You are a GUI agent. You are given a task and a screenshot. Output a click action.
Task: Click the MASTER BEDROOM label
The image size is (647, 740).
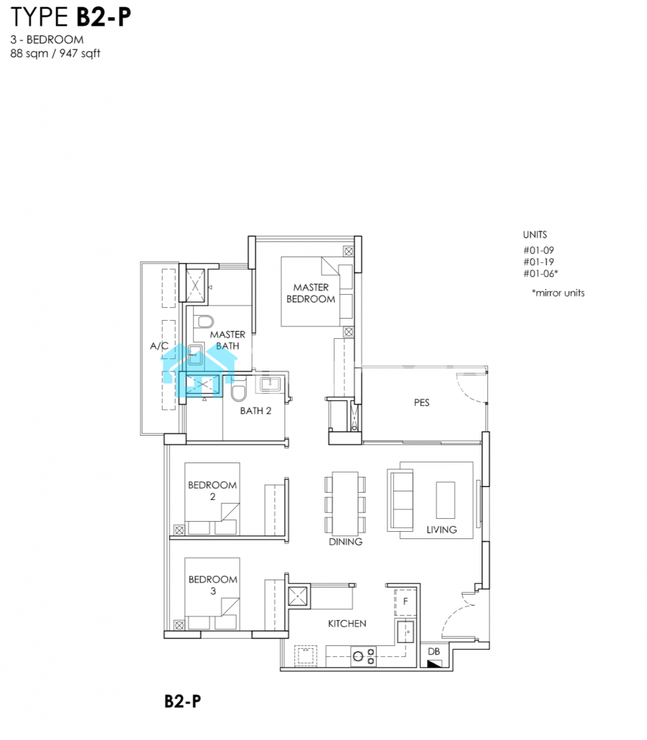coord(311,293)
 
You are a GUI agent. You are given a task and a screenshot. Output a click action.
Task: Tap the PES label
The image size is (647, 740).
coord(421,403)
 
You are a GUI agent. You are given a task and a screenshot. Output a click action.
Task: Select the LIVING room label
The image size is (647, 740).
coord(442,530)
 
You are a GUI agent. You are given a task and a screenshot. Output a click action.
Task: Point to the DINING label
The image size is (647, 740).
coord(346,542)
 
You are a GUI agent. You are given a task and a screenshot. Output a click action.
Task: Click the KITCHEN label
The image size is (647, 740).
coord(347,624)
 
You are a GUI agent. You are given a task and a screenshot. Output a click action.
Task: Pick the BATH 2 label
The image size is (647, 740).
coord(255,410)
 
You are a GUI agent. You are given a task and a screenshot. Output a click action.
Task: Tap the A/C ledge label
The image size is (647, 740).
coord(159,346)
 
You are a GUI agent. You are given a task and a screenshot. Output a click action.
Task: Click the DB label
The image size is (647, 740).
coord(434,651)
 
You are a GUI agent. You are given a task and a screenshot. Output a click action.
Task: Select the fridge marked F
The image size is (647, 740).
coord(406,602)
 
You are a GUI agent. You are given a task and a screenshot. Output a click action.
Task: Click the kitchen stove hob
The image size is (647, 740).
coord(364,656)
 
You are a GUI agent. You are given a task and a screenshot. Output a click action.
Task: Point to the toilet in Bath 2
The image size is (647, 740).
coord(239,390)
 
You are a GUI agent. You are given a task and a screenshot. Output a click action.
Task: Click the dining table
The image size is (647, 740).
coord(346,503)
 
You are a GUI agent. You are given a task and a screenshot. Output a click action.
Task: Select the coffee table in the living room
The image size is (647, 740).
coord(445,500)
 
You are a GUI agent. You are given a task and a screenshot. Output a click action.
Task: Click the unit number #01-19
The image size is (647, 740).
coord(539,262)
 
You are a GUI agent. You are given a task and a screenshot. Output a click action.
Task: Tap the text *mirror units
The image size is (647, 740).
coord(558,293)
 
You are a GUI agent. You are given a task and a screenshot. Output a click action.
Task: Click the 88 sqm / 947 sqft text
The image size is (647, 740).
coord(55,53)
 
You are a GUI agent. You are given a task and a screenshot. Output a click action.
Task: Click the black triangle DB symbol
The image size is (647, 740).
coord(434,663)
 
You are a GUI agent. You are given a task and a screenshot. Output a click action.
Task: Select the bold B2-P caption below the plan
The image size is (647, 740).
coord(183,701)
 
